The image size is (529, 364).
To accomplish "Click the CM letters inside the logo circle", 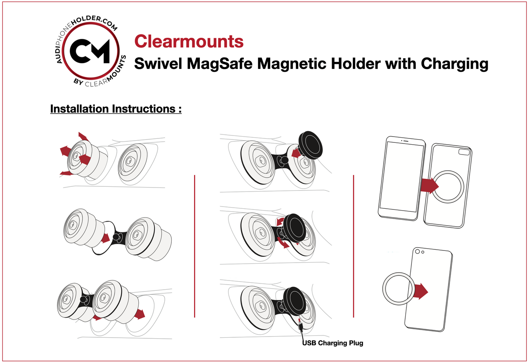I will [x=90, y=51].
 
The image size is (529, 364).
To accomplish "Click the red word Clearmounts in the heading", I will [x=189, y=41].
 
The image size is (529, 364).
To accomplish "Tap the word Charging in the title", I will [x=454, y=64].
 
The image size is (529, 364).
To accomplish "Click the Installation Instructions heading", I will [x=116, y=109].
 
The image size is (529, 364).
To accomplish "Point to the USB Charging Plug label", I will [x=333, y=343].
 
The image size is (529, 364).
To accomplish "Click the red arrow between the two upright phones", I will [x=429, y=185].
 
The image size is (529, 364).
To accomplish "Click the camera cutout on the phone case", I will [x=464, y=152].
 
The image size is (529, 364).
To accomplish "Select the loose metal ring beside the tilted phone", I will [x=398, y=288].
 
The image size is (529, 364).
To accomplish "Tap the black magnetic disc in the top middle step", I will [x=310, y=145].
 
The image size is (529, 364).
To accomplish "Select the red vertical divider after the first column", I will [x=194, y=246].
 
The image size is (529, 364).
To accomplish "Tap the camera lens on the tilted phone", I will [x=418, y=252].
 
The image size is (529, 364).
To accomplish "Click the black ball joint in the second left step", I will [x=116, y=237].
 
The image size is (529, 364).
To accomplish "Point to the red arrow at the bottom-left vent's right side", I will [x=139, y=314].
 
